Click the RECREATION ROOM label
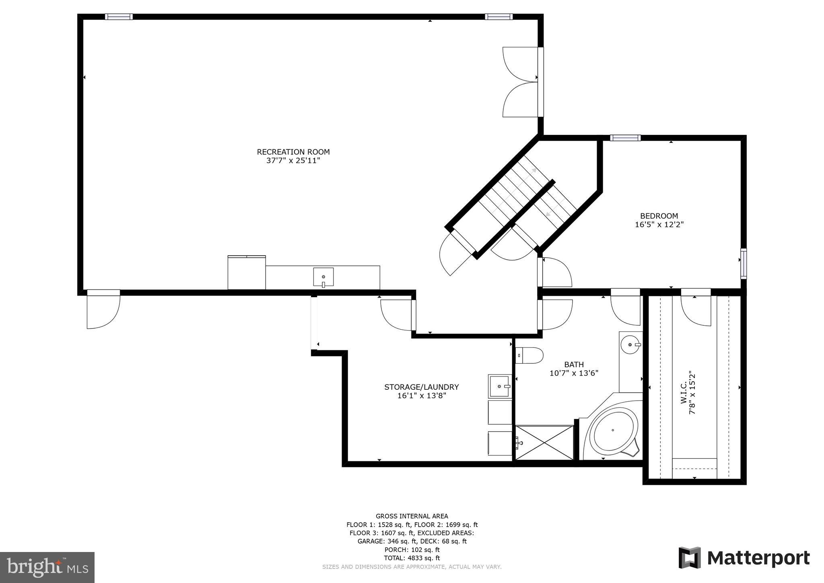293,152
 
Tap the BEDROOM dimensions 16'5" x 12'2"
659,225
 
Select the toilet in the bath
529,356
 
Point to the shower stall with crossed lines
544,442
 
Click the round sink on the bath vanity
630,345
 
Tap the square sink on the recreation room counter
323,277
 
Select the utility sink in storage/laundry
500,387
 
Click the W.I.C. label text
688,393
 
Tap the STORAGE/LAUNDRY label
421,387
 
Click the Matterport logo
744,558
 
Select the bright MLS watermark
47,567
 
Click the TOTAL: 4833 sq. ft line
412,558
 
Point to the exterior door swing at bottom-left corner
103,310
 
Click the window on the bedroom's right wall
744,264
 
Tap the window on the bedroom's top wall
625,138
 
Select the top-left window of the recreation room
119,17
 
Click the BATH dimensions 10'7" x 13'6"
574,373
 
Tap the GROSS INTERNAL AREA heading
412,516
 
